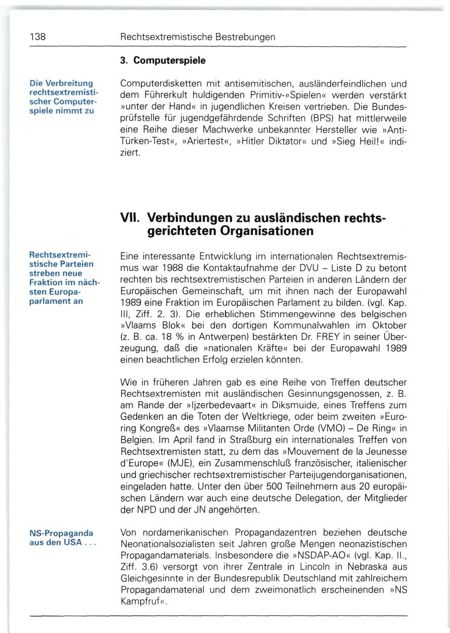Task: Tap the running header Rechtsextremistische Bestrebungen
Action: pyautogui.click(x=198, y=37)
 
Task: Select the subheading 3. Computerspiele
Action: pyautogui.click(x=163, y=61)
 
